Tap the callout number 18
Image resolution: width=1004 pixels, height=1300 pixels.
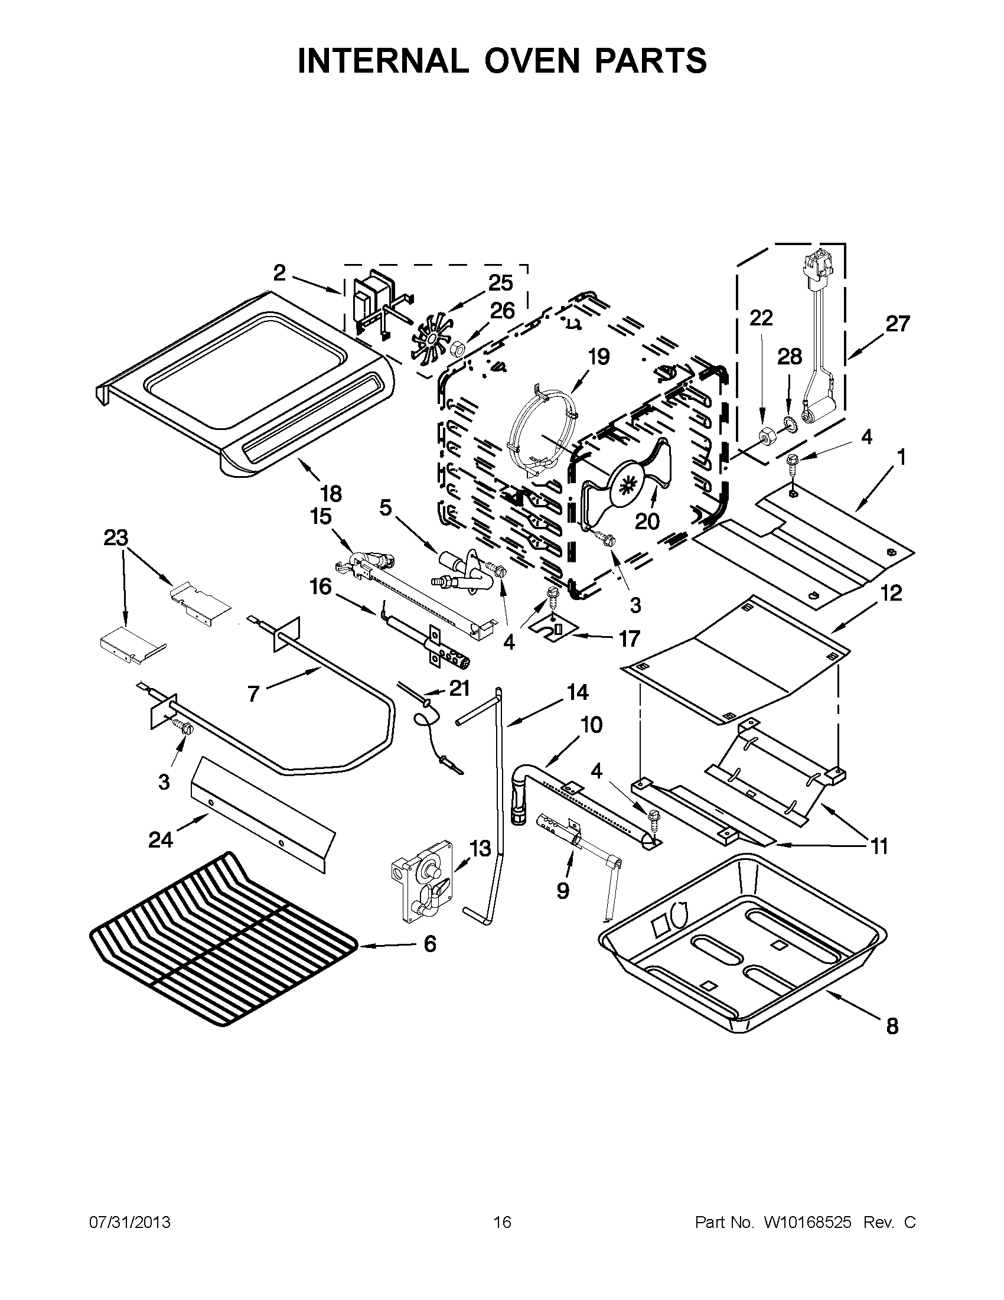(x=331, y=493)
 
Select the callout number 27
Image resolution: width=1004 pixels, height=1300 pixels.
(x=898, y=324)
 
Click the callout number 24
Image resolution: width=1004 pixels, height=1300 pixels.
(x=161, y=840)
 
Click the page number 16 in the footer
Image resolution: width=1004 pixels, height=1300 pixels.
(x=503, y=1223)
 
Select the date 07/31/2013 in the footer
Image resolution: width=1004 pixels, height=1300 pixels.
(x=130, y=1223)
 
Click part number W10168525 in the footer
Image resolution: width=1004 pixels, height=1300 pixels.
(x=807, y=1223)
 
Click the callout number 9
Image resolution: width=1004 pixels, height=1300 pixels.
(x=562, y=891)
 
